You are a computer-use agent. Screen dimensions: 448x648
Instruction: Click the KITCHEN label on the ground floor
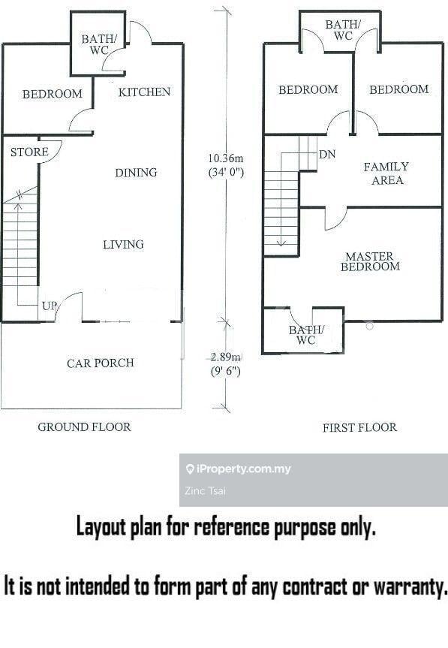144,92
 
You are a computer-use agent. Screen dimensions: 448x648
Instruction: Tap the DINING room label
136,173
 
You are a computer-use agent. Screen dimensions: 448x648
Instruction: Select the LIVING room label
123,244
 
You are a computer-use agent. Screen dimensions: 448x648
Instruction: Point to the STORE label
29,152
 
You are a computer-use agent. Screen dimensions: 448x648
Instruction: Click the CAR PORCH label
101,363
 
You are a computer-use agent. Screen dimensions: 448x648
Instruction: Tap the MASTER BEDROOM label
370,261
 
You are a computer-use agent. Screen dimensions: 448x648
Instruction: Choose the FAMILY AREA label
386,173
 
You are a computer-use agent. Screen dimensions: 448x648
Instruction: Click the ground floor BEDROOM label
53,94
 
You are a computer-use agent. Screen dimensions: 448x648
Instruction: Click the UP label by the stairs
49,306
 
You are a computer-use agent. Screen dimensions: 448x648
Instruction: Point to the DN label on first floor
327,155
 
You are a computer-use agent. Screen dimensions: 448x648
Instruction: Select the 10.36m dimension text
225,158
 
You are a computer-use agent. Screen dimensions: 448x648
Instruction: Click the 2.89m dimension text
225,357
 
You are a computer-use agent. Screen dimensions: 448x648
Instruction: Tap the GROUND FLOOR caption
84,427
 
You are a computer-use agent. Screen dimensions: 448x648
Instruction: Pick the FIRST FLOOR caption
359,427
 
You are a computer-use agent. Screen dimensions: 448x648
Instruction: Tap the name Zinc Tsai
205,491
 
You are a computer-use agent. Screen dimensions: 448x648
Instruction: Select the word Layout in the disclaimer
101,528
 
